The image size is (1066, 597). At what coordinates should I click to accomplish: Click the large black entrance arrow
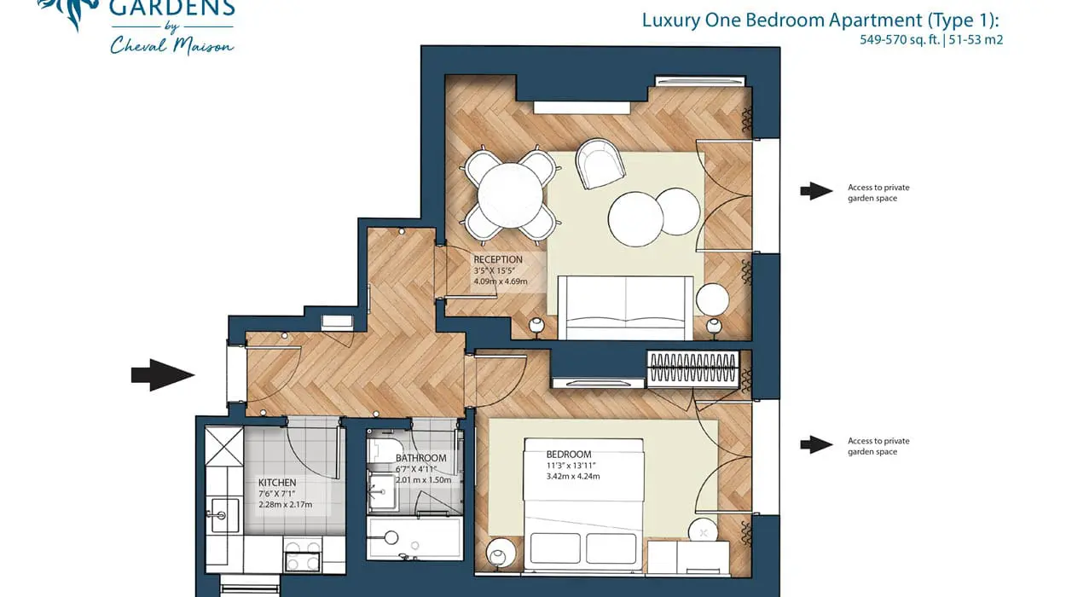point(162,374)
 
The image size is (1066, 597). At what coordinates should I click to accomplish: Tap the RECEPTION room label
point(498,259)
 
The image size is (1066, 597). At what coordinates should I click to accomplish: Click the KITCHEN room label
point(277,483)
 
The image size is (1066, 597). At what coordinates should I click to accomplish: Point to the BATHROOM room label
point(420,458)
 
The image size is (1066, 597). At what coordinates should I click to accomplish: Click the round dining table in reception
point(510,194)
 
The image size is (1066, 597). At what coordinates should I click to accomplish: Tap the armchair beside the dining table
point(600,162)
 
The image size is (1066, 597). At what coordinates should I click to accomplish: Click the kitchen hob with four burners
point(303,555)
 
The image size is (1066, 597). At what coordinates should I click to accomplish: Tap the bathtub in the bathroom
point(414,538)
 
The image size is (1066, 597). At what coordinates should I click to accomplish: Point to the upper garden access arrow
point(816,192)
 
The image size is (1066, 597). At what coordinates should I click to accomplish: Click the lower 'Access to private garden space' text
point(878,446)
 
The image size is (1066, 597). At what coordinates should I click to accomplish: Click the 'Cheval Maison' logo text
point(171,46)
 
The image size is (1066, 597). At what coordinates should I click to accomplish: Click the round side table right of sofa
point(712,299)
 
